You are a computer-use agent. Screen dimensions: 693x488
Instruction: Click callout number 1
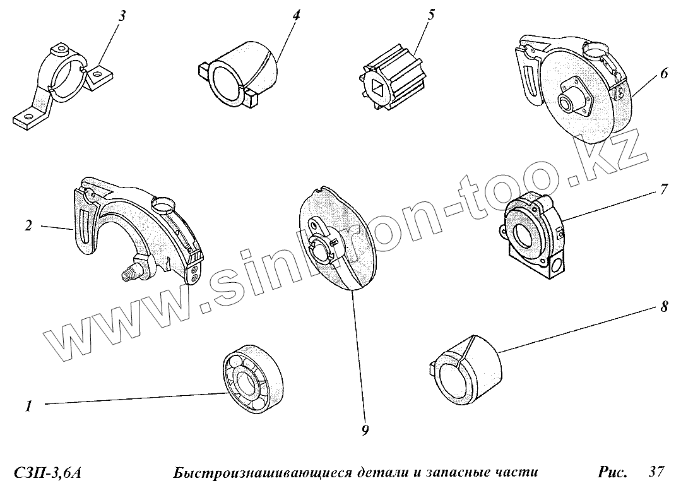(x=29, y=406)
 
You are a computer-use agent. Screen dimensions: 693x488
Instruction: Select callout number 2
(x=28, y=225)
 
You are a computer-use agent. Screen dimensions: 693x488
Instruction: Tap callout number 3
(x=122, y=16)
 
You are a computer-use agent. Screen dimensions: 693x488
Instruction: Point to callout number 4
(x=296, y=15)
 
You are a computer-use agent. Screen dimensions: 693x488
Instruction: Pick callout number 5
(x=431, y=15)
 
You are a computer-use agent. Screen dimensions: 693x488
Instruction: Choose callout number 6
(x=664, y=73)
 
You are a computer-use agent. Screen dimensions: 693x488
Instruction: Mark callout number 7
(x=664, y=189)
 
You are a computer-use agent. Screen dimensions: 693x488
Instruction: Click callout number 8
(x=664, y=306)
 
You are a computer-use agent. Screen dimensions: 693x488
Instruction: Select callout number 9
(x=365, y=430)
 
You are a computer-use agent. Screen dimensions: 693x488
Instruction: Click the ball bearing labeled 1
(x=252, y=378)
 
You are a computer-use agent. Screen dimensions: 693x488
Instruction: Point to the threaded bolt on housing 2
(x=131, y=272)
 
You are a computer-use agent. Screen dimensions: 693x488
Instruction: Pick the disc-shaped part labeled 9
(x=337, y=239)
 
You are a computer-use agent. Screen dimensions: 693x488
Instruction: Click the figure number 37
(x=656, y=472)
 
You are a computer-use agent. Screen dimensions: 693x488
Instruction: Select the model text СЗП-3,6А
(x=48, y=473)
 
